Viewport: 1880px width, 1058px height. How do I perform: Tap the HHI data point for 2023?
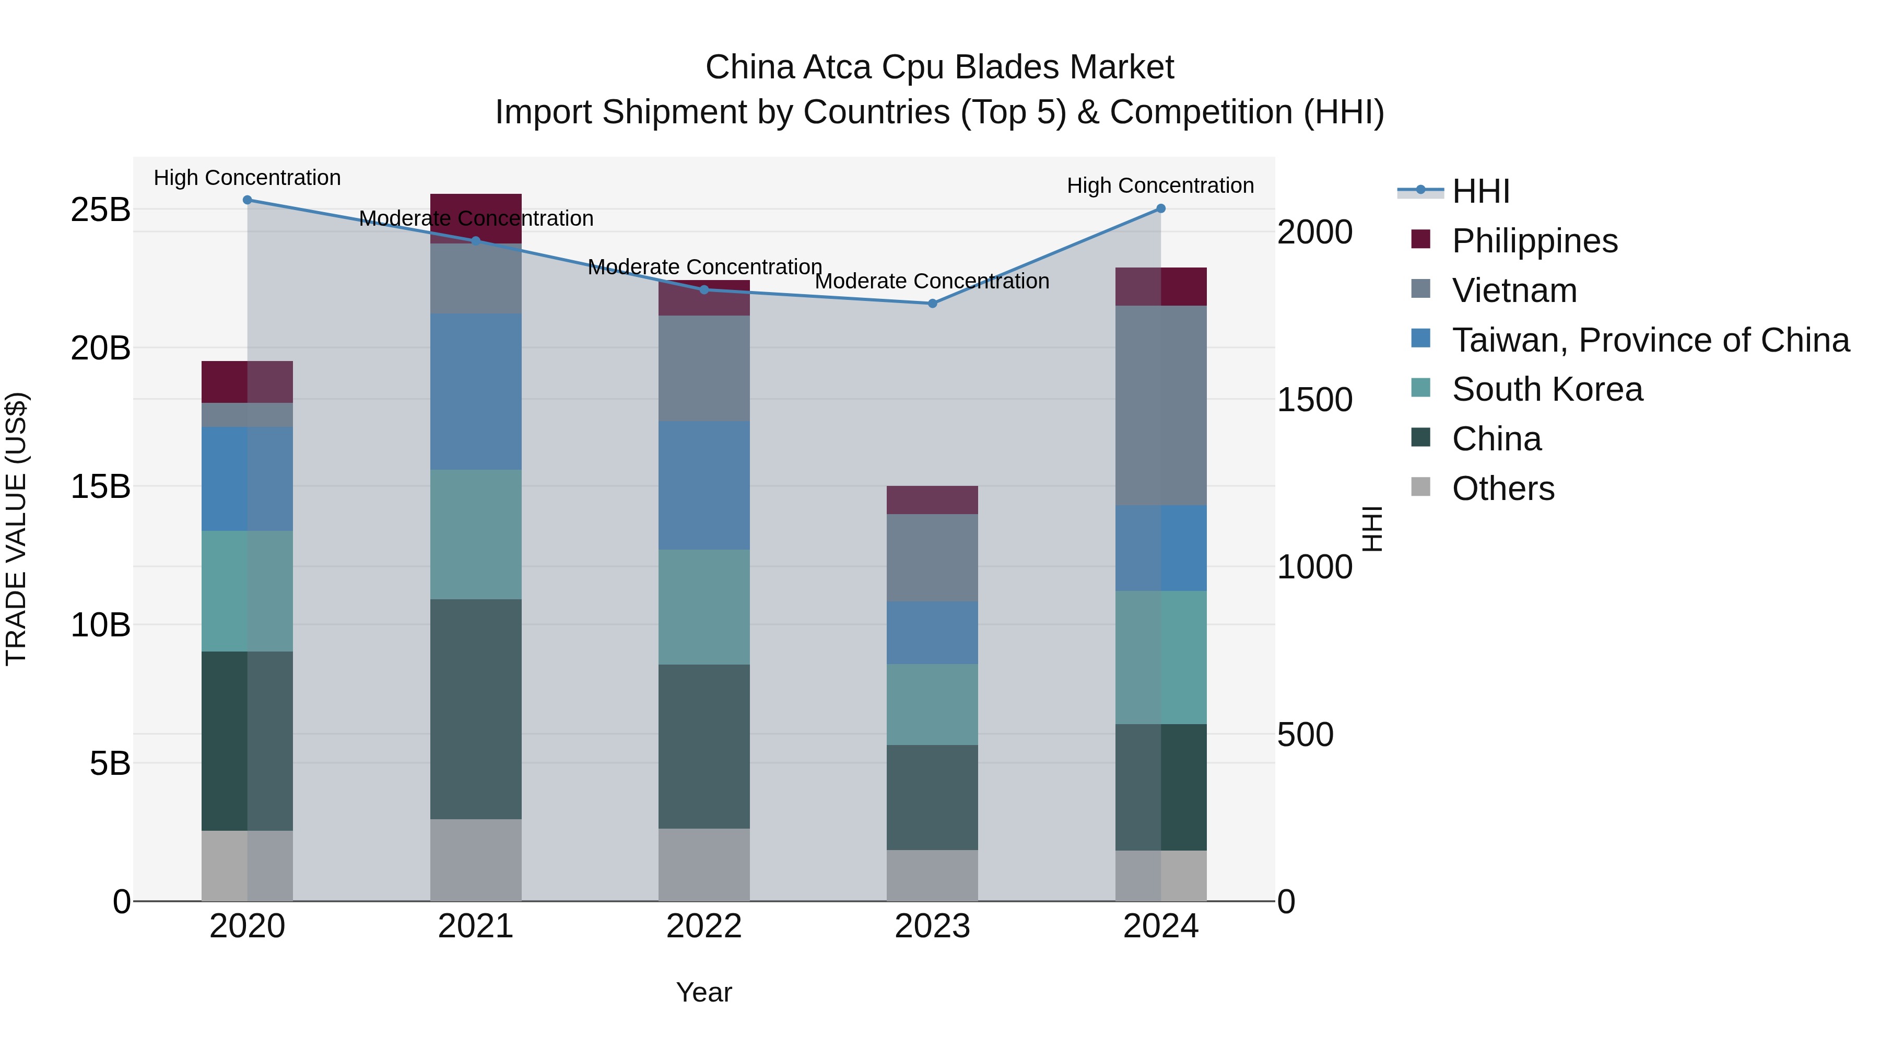pos(932,303)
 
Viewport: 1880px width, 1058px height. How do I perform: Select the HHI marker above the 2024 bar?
pos(1160,209)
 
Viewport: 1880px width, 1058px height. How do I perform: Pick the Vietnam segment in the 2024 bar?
pos(1160,405)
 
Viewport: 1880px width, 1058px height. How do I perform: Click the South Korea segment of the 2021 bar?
pos(476,534)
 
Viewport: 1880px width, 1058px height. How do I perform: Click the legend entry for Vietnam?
pos(1514,290)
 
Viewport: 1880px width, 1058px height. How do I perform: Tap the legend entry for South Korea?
pos(1547,389)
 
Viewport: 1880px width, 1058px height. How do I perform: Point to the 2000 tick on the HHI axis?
pos(1314,232)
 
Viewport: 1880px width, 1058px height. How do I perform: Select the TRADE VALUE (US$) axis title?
pos(16,529)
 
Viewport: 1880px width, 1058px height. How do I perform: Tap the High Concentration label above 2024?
pos(1160,185)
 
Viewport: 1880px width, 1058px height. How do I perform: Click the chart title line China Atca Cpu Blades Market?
pos(939,67)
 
